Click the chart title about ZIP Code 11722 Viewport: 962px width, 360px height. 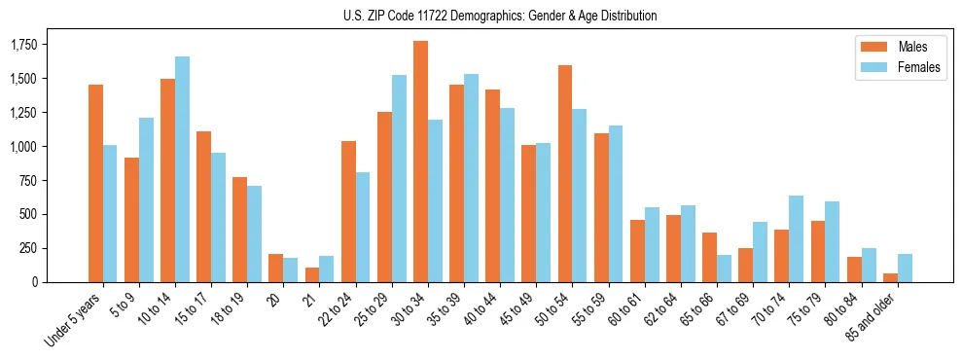[500, 16]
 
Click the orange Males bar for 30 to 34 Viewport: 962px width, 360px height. [420, 162]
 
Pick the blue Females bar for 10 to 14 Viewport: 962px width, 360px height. [182, 169]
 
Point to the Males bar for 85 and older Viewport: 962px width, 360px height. [890, 277]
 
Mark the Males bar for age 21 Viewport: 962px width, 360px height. [312, 274]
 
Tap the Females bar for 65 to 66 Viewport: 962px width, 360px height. [724, 269]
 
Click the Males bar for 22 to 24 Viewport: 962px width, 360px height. [348, 211]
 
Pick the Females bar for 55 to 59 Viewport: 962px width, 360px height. [616, 203]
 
